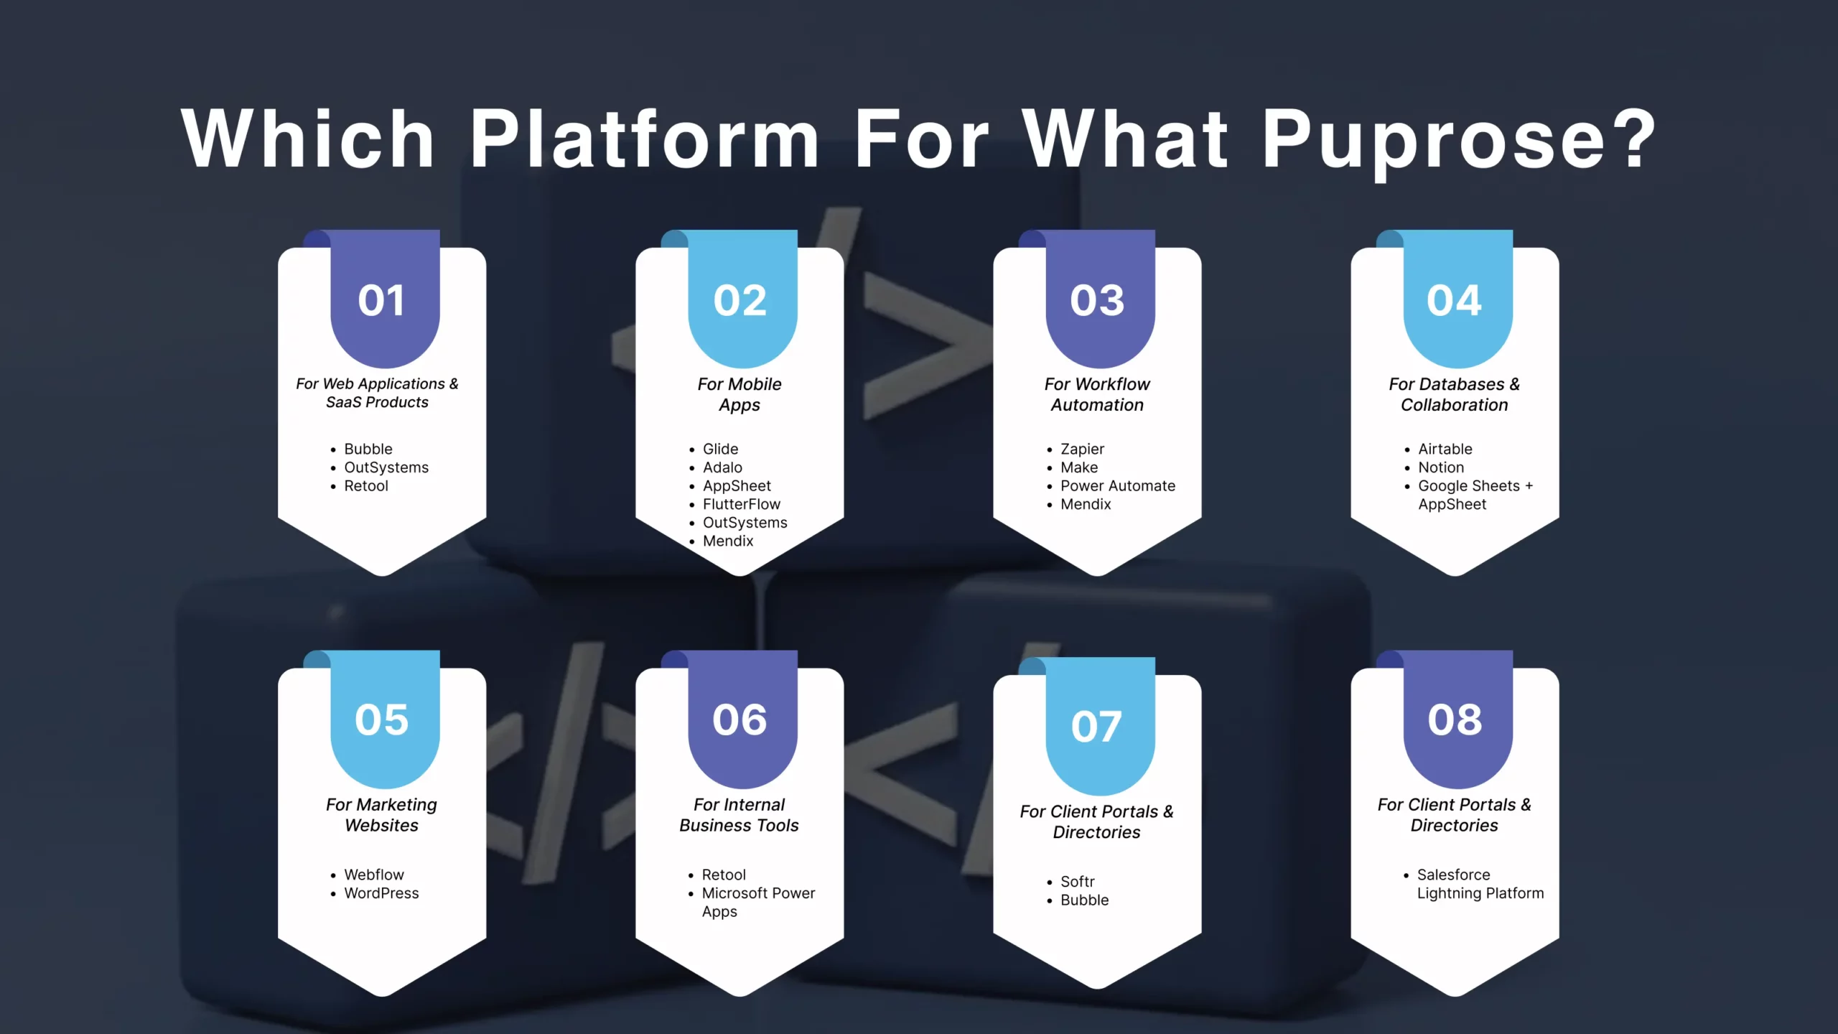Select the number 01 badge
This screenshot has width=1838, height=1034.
tap(381, 300)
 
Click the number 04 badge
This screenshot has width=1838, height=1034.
tap(1454, 300)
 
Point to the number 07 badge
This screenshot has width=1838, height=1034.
tap(1096, 727)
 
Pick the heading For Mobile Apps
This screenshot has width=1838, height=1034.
tap(740, 394)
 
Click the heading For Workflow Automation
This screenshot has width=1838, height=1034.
tap(1097, 394)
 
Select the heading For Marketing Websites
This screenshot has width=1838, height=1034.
tap(381, 815)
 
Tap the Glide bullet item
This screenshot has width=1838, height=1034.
tap(720, 449)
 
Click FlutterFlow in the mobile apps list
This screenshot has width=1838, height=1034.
tap(741, 504)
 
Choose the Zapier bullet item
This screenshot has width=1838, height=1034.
tap(1082, 449)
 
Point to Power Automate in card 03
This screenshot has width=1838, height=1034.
tap(1117, 486)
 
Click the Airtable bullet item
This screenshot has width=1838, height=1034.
tap(1445, 449)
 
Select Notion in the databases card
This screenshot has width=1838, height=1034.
tap(1440, 467)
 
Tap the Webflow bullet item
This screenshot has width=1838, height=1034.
tap(374, 875)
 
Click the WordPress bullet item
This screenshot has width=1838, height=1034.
tap(381, 893)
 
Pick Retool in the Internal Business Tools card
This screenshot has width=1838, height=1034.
tap(724, 875)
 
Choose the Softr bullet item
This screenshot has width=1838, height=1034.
tap(1077, 882)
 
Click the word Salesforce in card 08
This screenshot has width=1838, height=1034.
tap(1453, 875)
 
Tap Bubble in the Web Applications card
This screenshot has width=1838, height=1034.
tap(368, 449)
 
